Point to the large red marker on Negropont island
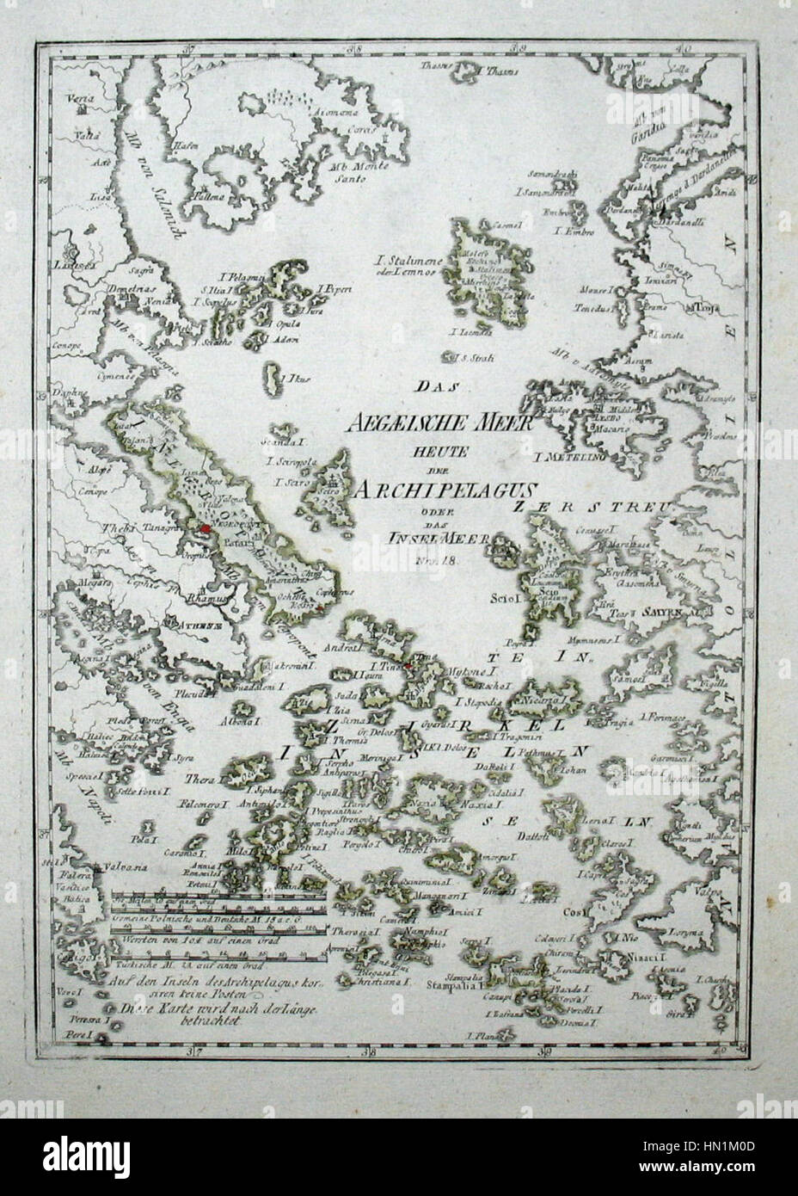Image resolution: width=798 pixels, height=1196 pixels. point(206,531)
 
